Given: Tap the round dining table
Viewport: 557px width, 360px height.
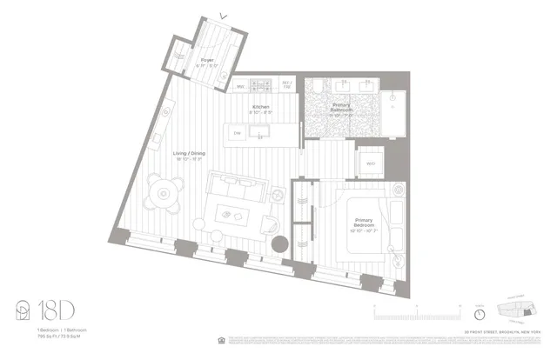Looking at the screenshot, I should pos(165,188).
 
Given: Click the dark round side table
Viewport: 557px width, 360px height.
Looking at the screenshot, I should pos(281,244).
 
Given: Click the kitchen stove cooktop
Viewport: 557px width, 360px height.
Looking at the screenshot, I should pos(259,85).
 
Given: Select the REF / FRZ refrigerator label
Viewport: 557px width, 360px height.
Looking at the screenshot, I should pos(286,85).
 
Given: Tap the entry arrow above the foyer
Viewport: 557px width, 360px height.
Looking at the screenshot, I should pos(224,14).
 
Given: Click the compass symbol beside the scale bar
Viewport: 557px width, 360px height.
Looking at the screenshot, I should pos(480,313).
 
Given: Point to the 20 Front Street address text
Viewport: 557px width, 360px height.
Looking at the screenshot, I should pos(512,332).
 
